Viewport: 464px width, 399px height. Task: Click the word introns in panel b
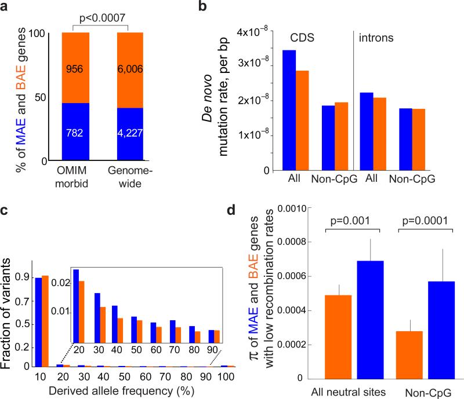pos(376,38)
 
